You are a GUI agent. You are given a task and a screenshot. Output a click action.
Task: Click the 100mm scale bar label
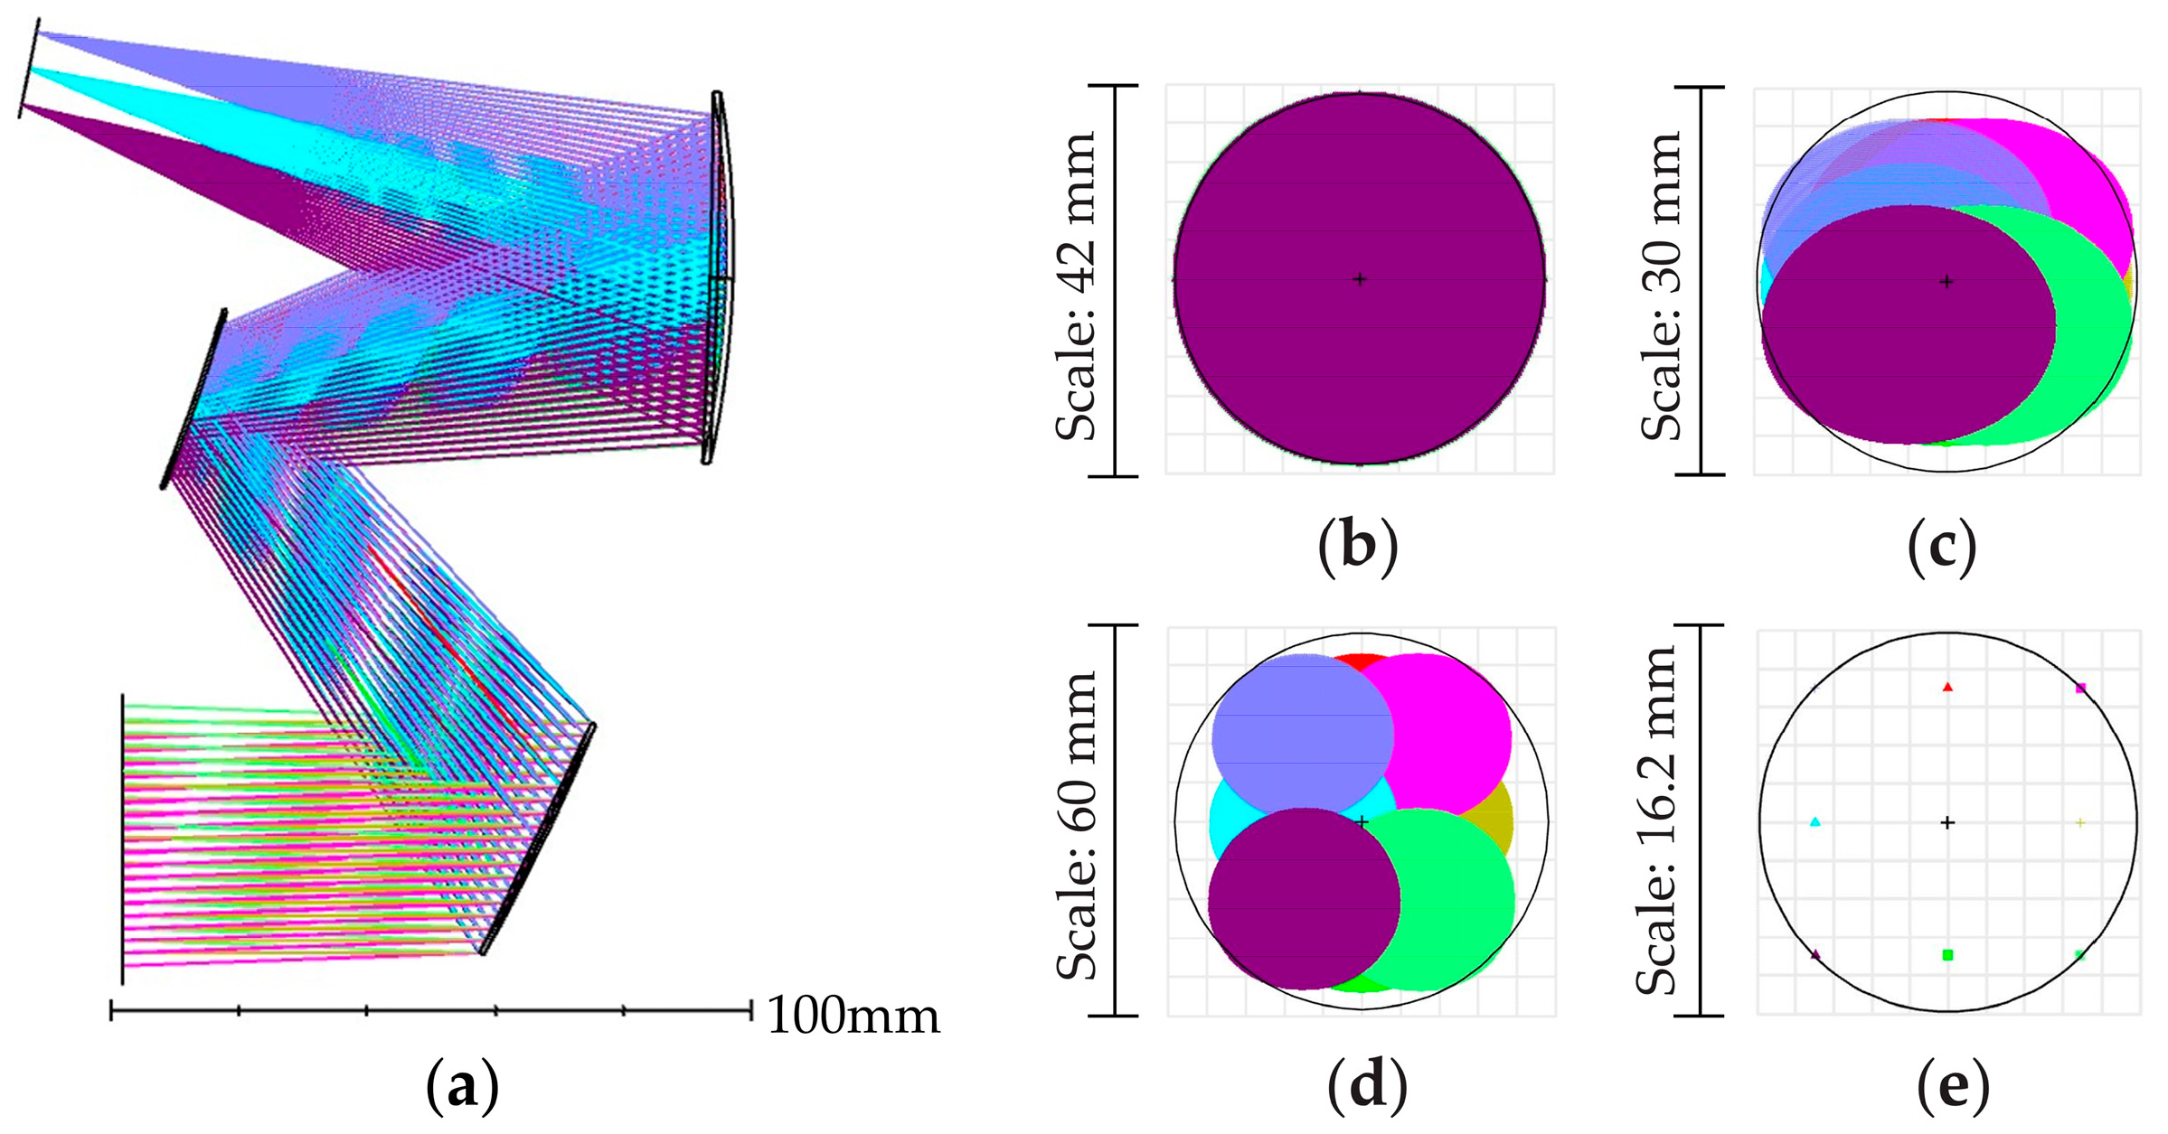[x=853, y=1016]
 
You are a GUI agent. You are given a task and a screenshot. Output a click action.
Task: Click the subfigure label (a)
[x=462, y=1086]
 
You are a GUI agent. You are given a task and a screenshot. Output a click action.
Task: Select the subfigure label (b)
[x=1358, y=546]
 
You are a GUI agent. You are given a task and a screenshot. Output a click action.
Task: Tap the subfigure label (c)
[x=1942, y=546]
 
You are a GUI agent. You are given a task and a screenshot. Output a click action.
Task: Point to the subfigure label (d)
[x=1366, y=1086]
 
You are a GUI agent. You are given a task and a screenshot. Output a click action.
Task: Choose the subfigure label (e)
[x=1953, y=1086]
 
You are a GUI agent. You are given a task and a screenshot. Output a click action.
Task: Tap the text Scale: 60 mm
[x=1078, y=824]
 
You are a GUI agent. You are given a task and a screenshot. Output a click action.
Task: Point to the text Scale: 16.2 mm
[x=1658, y=820]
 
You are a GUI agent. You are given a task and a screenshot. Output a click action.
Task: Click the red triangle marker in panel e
[x=1947, y=688]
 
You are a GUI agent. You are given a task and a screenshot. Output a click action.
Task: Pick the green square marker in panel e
[x=1947, y=955]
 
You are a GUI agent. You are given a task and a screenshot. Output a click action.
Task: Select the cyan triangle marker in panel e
[x=1815, y=822]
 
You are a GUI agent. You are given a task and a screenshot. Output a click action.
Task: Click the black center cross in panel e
[x=1947, y=822]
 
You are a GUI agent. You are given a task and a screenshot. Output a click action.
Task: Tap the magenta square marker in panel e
[x=2080, y=689]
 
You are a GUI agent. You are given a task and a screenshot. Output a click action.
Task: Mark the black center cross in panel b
[x=1359, y=279]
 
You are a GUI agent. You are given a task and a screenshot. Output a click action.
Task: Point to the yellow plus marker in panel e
[x=2080, y=822]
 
